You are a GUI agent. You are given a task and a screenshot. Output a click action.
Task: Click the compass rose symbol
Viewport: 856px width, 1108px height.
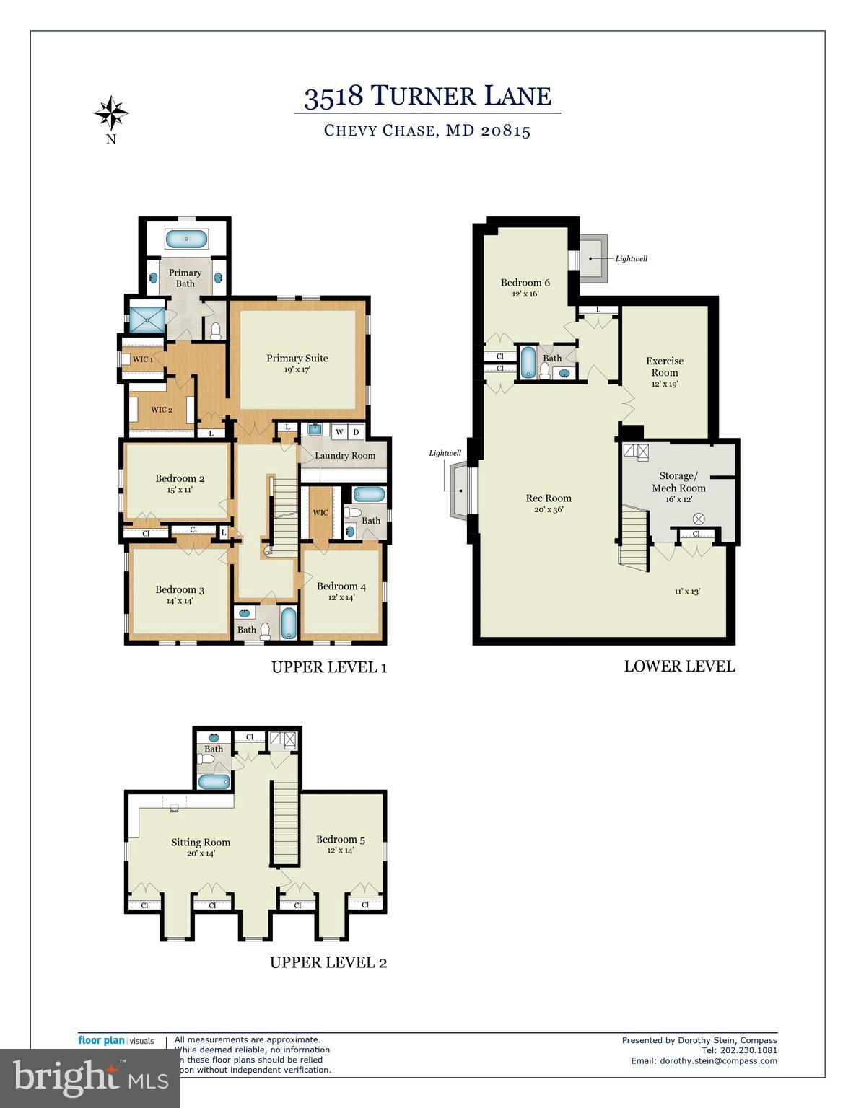tap(111, 113)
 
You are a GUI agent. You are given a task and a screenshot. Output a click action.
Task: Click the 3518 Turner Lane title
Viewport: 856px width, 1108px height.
tap(427, 96)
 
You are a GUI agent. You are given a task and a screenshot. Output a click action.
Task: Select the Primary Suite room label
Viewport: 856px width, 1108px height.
tap(297, 359)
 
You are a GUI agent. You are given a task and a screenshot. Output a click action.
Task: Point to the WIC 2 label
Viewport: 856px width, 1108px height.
tap(161, 410)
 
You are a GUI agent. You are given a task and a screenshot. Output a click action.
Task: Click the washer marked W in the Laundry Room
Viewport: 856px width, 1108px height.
tap(339, 432)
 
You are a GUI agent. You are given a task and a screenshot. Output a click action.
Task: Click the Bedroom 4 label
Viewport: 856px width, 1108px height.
tap(341, 586)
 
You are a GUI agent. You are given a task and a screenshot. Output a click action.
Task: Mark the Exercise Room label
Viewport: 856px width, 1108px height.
tap(665, 366)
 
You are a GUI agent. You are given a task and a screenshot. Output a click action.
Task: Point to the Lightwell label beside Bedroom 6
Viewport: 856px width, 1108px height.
tap(631, 258)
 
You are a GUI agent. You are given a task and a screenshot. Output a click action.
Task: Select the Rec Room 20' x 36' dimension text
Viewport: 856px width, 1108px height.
tap(549, 509)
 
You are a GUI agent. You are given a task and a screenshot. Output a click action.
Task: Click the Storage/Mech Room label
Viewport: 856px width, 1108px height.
tap(678, 482)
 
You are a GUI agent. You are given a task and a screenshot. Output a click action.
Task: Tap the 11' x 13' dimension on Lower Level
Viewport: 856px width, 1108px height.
tap(687, 592)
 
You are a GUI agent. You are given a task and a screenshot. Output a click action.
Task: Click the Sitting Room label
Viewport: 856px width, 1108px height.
tap(201, 843)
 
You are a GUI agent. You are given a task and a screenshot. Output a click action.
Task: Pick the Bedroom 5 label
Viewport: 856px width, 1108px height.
tap(341, 840)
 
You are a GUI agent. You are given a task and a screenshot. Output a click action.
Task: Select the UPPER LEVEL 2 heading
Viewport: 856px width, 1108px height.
tap(328, 962)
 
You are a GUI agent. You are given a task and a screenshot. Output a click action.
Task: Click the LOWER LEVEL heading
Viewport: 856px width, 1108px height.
tap(679, 667)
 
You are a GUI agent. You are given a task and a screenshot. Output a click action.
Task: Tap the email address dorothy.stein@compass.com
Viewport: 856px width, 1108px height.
tap(704, 1060)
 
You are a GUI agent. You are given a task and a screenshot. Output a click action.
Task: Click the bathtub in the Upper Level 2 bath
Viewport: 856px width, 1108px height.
tap(214, 781)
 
